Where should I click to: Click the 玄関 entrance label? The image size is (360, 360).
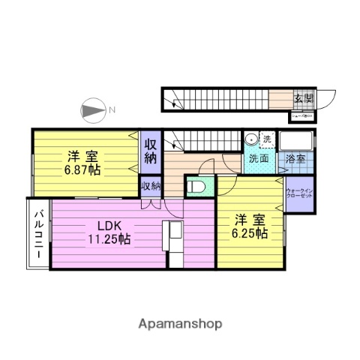(304, 99)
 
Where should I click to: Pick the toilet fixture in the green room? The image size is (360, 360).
(194, 186)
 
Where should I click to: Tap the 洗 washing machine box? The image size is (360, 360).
(267, 139)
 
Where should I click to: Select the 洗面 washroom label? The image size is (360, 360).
(259, 159)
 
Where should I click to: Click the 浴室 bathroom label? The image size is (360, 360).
(295, 159)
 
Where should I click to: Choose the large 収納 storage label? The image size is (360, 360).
(151, 151)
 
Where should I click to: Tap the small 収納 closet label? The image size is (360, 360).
(151, 186)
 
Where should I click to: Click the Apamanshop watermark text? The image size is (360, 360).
(179, 323)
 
